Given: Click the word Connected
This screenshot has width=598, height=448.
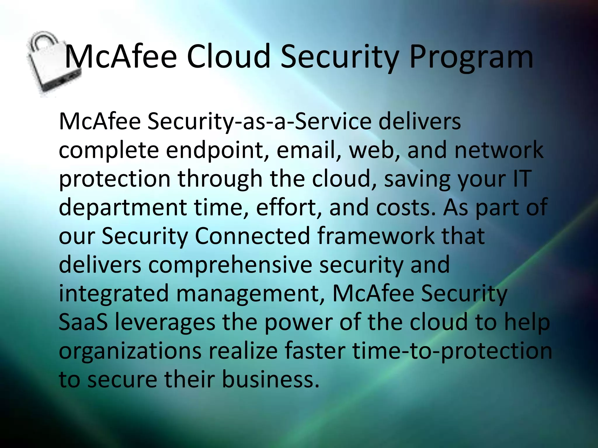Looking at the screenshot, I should (x=252, y=236).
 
